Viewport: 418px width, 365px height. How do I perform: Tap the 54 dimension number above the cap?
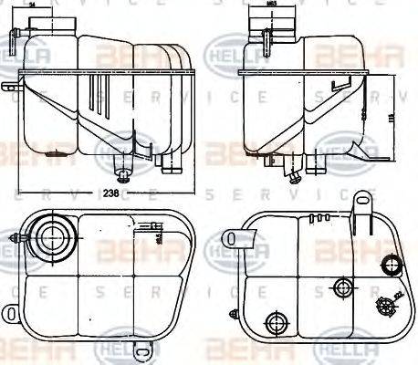(33, 5)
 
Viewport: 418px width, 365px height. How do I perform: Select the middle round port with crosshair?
(344, 287)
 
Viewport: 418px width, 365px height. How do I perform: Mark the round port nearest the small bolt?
(274, 320)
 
